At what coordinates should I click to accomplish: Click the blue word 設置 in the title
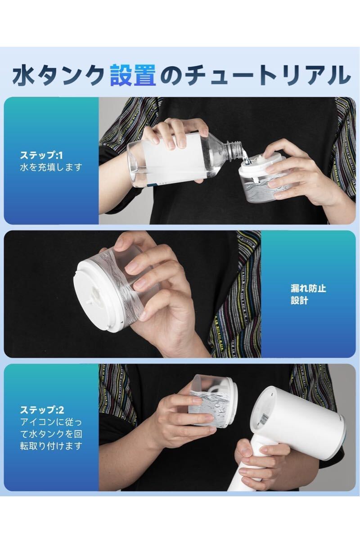tap(133, 75)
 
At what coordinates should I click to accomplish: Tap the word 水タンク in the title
tap(58, 75)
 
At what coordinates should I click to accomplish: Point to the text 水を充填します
tap(51, 167)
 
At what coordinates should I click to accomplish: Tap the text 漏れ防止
tap(308, 288)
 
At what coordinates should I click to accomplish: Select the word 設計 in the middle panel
tap(299, 301)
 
